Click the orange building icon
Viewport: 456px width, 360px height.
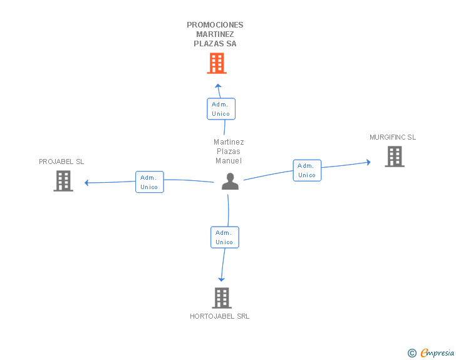click(217, 63)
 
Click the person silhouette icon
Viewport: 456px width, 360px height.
click(230, 182)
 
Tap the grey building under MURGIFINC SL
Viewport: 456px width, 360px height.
click(395, 157)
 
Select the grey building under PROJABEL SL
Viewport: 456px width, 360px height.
click(63, 181)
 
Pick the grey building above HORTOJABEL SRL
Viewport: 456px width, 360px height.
click(222, 298)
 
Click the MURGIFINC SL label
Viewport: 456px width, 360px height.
click(393, 137)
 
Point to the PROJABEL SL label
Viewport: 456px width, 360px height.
click(61, 162)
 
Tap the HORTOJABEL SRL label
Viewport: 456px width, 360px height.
click(220, 316)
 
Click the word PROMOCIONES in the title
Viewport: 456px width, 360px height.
click(215, 25)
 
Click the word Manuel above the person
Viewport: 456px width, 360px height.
click(229, 161)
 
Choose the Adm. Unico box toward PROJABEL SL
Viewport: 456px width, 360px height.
click(150, 182)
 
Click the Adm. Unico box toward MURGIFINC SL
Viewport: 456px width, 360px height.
click(307, 170)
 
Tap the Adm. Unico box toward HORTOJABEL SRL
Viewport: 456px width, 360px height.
click(225, 237)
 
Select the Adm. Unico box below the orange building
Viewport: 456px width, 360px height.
click(221, 109)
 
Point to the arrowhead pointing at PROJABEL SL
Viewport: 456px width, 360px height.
click(86, 183)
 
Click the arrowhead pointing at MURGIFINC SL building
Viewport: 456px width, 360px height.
click(368, 162)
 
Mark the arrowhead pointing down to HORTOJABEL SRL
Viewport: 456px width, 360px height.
click(221, 280)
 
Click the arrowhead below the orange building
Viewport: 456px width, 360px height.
click(218, 86)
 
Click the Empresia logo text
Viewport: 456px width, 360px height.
click(437, 352)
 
